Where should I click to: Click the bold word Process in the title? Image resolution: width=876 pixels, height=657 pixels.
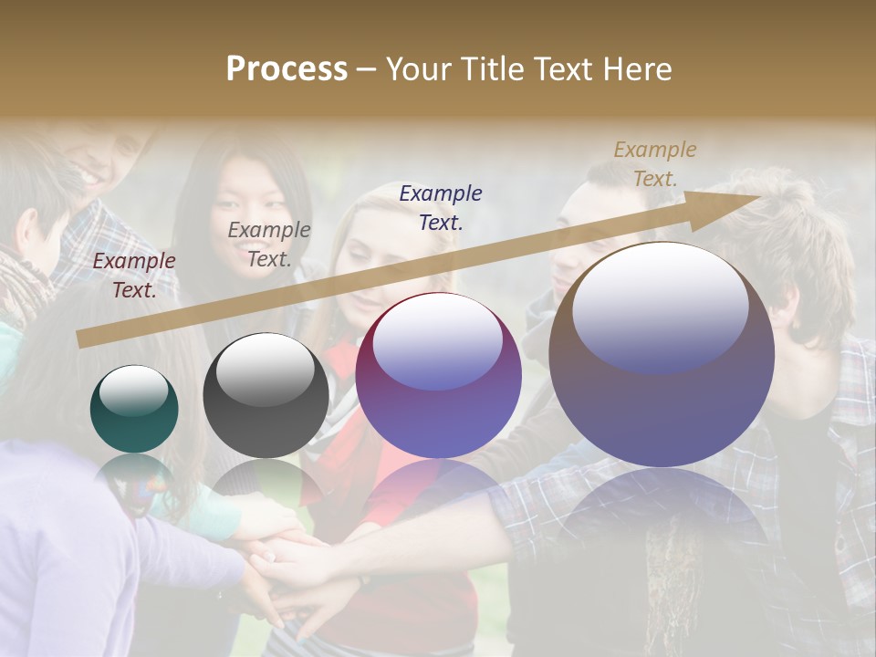(287, 69)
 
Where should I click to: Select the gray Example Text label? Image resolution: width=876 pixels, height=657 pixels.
(269, 245)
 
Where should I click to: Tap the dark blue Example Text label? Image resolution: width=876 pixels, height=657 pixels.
(441, 207)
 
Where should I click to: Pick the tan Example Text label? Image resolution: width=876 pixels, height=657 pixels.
(654, 164)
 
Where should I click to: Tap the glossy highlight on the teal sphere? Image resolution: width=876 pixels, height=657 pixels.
(133, 391)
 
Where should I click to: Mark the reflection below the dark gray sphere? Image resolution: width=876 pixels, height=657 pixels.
(265, 484)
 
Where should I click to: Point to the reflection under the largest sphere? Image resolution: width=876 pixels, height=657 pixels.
(662, 511)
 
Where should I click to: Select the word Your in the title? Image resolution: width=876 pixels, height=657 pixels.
(421, 69)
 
